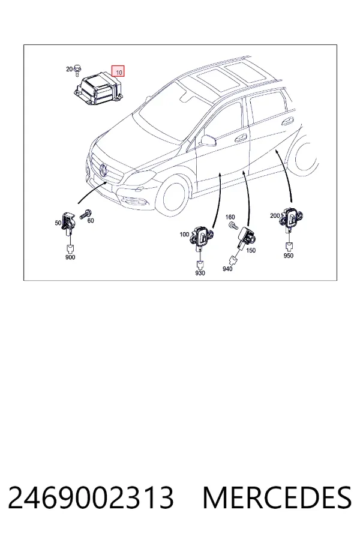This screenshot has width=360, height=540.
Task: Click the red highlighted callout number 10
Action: click(x=118, y=71)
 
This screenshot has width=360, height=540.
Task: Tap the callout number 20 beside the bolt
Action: click(x=69, y=69)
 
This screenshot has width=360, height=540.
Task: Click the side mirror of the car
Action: click(x=208, y=140)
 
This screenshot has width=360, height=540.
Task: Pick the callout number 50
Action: click(x=58, y=223)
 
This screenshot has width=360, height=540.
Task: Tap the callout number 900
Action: click(x=70, y=257)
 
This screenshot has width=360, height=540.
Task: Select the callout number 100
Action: click(x=184, y=235)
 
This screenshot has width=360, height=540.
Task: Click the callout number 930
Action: click(x=200, y=273)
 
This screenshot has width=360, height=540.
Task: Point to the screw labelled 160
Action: click(x=233, y=226)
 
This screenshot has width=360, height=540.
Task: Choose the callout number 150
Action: click(x=251, y=250)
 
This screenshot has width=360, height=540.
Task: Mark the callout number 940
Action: click(x=227, y=269)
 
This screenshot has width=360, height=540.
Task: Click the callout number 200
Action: click(x=275, y=215)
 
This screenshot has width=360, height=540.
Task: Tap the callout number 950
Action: click(x=289, y=256)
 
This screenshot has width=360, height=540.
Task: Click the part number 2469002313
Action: click(x=91, y=498)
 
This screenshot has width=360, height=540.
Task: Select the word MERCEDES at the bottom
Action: click(x=277, y=498)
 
